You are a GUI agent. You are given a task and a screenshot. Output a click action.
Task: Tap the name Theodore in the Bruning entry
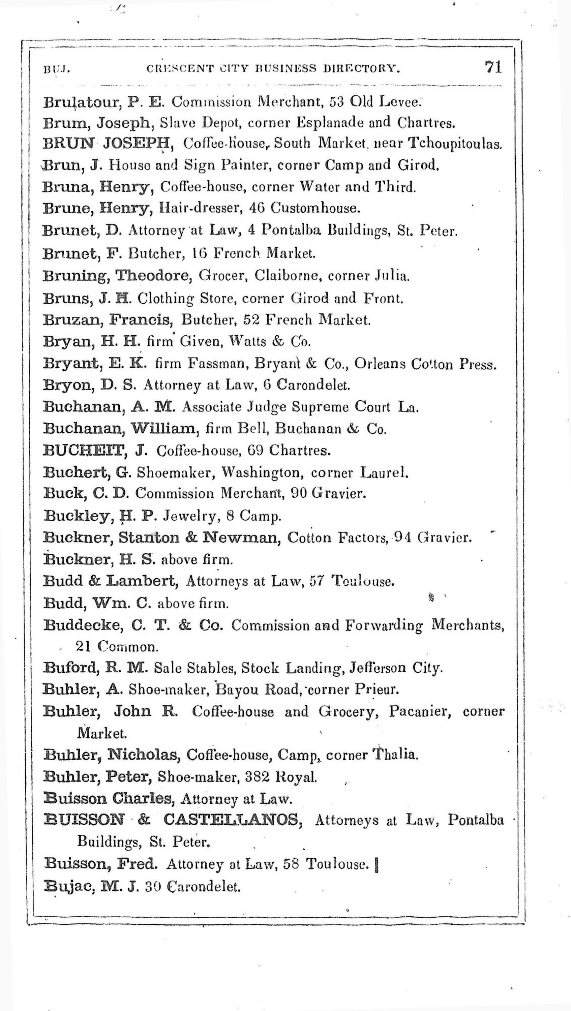pos(153,276)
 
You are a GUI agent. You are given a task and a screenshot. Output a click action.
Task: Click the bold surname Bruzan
pos(71,319)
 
